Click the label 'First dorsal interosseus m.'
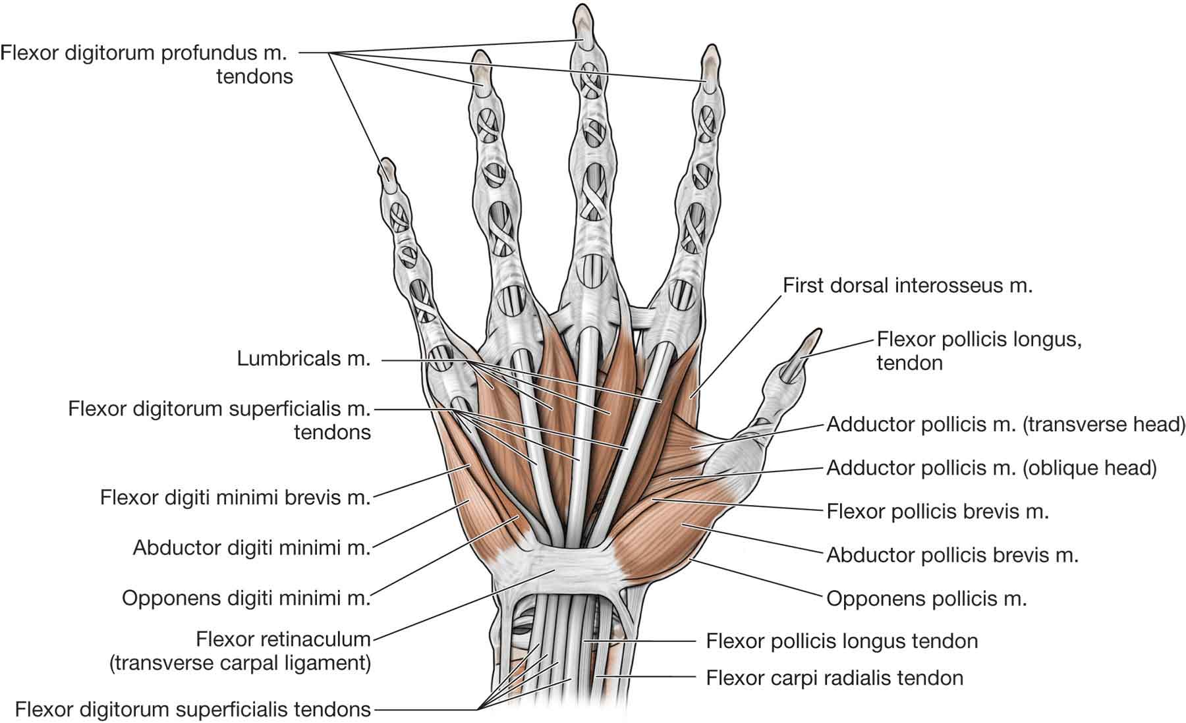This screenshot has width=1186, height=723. click(x=907, y=285)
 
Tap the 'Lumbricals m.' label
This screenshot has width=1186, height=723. click(x=304, y=360)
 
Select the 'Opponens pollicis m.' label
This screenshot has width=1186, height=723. click(x=926, y=599)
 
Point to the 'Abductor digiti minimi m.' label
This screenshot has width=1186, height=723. click(x=252, y=547)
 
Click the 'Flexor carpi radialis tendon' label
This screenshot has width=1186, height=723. click(x=834, y=678)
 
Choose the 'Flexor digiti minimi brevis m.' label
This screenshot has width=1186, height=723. click(x=235, y=496)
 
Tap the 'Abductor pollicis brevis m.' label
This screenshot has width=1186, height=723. click(x=952, y=555)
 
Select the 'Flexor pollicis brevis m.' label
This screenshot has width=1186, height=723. click(x=937, y=511)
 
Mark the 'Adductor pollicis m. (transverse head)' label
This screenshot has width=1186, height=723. click(x=1005, y=424)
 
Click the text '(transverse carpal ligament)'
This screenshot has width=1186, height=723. click(x=240, y=662)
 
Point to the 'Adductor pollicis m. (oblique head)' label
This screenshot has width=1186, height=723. click(x=991, y=468)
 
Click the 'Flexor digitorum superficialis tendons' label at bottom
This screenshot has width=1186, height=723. click(x=192, y=709)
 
